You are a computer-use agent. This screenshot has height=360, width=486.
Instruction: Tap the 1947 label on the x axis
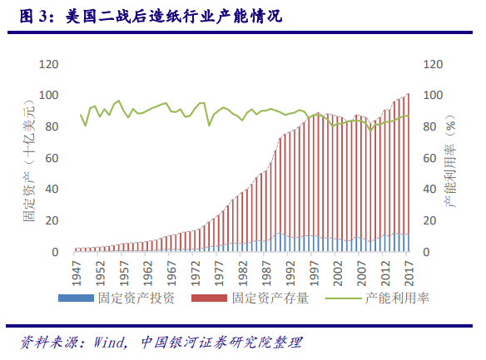pyautogui.click(x=77, y=270)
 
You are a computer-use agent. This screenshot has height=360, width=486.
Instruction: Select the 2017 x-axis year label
pyautogui.click(x=408, y=270)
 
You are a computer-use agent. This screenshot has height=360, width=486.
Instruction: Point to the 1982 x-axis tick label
pyautogui.click(x=242, y=270)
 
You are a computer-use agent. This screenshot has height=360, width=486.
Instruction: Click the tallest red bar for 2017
pyautogui.click(x=408, y=166)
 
